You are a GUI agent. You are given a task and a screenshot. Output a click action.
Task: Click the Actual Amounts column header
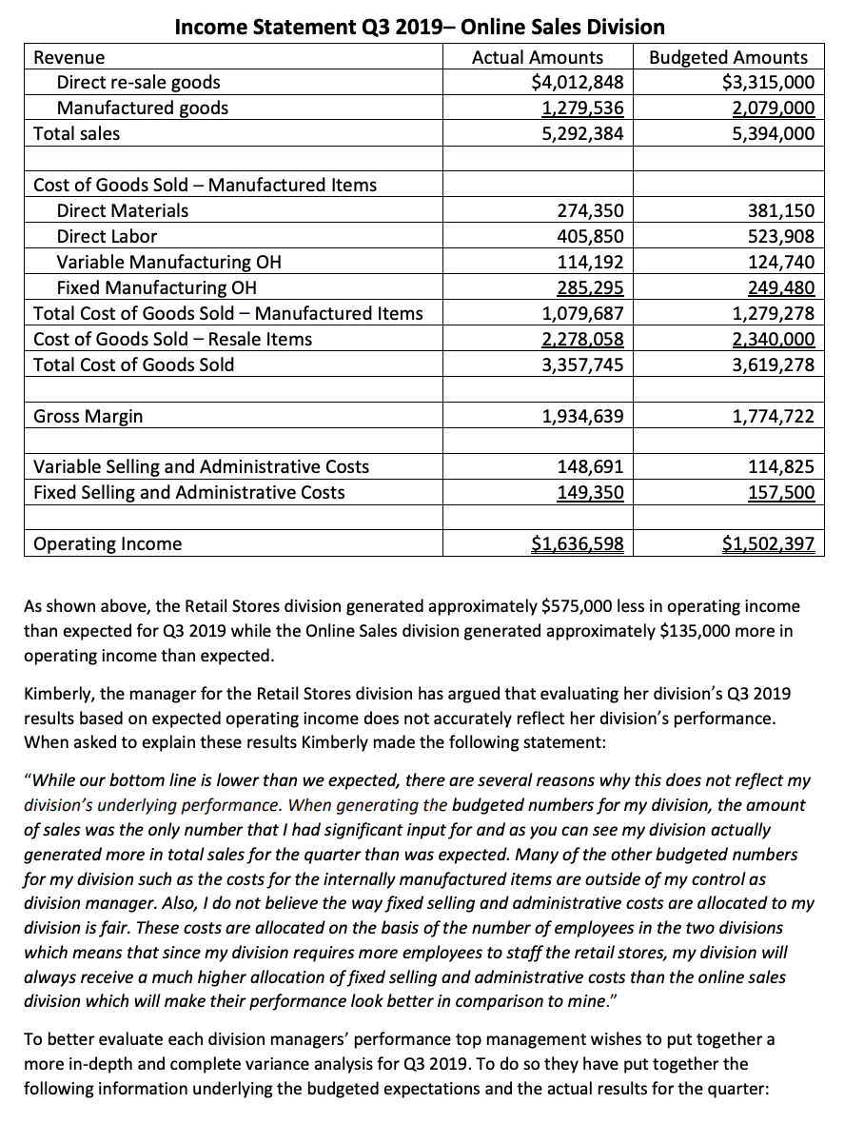[538, 57]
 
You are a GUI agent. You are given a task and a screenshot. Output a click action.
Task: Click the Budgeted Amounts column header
[728, 57]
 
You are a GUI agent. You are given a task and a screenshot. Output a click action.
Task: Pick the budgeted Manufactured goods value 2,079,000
[769, 108]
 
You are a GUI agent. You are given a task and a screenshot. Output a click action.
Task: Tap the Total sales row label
[77, 133]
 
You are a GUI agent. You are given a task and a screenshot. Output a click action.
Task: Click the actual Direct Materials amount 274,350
[589, 210]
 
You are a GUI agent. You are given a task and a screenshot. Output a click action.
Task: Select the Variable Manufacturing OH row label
[168, 262]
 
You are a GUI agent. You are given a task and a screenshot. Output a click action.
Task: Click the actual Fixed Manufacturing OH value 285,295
[589, 287]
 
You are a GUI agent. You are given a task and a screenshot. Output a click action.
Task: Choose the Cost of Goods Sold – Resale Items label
[172, 339]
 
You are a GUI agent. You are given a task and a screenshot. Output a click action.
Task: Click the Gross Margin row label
[88, 416]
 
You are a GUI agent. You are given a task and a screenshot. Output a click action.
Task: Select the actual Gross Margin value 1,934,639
[582, 416]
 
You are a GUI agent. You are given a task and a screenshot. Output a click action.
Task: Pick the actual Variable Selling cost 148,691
[589, 466]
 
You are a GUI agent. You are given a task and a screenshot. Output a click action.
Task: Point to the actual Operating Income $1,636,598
[577, 543]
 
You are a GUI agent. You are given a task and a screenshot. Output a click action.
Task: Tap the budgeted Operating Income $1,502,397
[768, 543]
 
